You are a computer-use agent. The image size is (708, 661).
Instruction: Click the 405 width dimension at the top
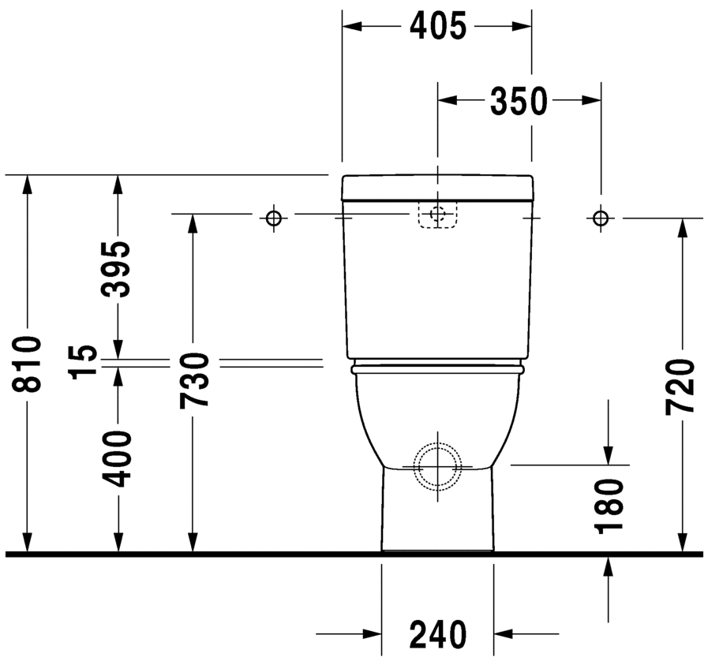tap(437, 27)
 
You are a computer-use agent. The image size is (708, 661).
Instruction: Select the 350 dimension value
tap(518, 100)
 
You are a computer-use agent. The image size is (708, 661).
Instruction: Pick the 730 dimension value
tap(193, 380)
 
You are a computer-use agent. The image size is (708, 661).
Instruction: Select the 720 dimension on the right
tap(680, 387)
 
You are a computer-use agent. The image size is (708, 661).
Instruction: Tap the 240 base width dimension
tap(438, 633)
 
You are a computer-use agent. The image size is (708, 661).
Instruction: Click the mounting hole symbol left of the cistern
tap(273, 217)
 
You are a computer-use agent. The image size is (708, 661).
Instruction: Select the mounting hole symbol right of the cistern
tap(601, 217)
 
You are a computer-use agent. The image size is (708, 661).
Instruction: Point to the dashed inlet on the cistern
tap(437, 215)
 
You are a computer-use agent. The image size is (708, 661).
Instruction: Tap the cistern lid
tap(438, 187)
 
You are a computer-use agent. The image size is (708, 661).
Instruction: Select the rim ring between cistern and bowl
tap(438, 368)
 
